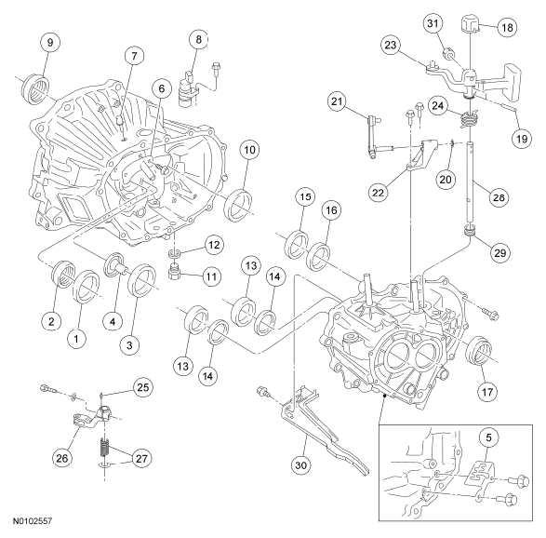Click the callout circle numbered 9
pos(50,43)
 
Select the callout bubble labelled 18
pos(507,27)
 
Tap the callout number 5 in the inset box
pos(489,437)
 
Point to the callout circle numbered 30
pos(301,465)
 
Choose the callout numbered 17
pos(487,393)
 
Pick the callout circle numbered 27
pos(141,459)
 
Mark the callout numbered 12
pos(214,245)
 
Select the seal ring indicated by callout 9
pos(34,87)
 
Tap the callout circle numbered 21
pos(337,101)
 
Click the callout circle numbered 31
pos(433,23)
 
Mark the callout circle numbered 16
pos(331,210)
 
